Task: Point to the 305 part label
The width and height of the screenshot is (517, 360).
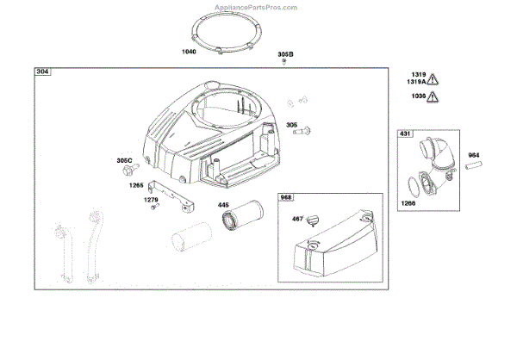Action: tap(292, 124)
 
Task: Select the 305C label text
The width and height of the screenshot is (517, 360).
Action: tap(125, 161)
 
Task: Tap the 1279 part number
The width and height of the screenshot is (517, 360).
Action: tap(152, 201)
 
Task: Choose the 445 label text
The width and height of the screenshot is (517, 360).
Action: tap(223, 205)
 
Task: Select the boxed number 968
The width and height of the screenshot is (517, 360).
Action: tap(287, 197)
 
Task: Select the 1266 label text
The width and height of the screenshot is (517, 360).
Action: tap(407, 203)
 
